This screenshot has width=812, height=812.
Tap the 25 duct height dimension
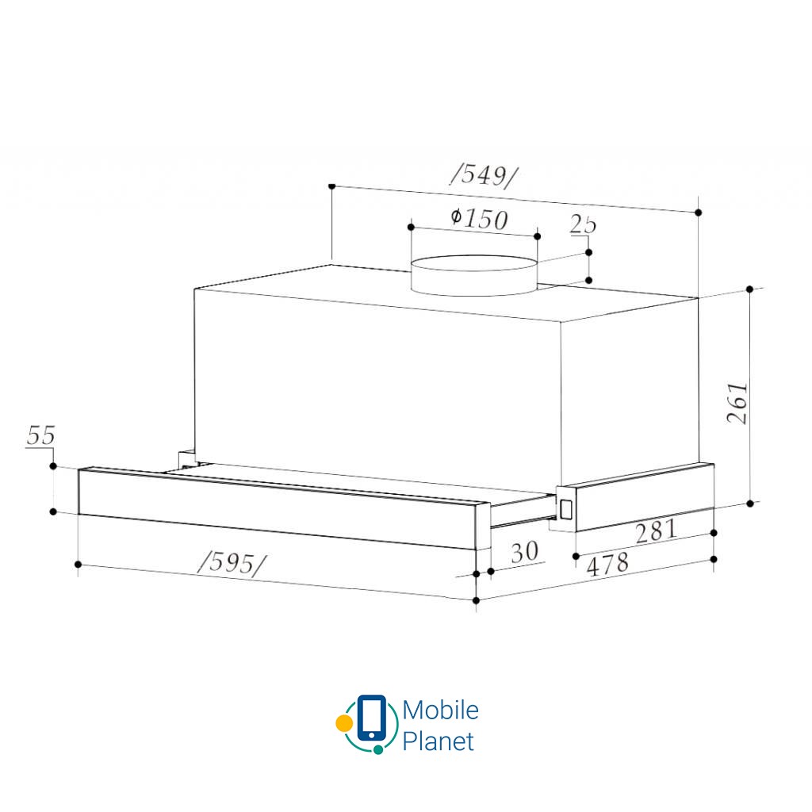[x=583, y=224]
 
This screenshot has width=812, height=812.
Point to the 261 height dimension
[x=737, y=403]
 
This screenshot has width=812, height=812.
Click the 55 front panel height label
[x=40, y=435]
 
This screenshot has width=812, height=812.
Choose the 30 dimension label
[x=524, y=552]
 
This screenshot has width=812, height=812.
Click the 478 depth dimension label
[x=607, y=565]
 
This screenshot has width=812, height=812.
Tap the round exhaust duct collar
[x=473, y=276]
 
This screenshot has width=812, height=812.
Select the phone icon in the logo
[x=372, y=718]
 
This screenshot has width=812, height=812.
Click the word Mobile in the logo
[x=440, y=710]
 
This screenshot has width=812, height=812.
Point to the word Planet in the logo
[x=439, y=741]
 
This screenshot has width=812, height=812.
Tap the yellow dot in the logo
[x=343, y=723]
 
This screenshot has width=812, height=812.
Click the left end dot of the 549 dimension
[x=331, y=186]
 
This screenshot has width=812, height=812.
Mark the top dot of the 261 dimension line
[x=750, y=289]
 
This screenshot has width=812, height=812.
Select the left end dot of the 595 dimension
[x=78, y=565]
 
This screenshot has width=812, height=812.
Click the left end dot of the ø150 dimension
[x=411, y=228]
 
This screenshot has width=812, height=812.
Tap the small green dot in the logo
[x=378, y=749]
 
